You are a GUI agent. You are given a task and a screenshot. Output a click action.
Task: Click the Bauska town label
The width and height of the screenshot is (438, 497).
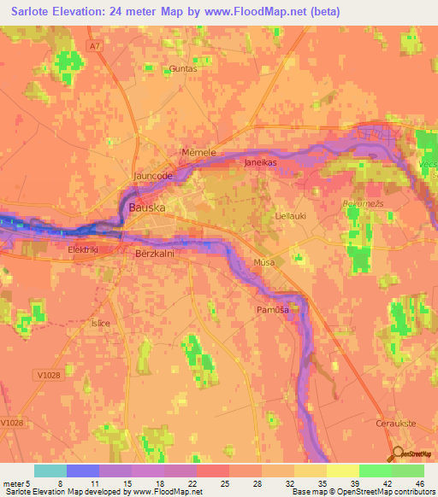pos(146,208)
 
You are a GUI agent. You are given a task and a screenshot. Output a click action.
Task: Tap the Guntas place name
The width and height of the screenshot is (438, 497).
pos(183,68)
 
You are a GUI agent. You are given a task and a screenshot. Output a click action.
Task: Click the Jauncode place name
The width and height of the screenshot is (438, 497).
pos(153,176)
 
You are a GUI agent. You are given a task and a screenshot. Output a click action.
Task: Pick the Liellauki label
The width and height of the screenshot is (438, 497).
pos(290,216)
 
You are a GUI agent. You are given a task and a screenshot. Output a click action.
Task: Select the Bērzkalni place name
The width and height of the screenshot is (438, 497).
pos(156,254)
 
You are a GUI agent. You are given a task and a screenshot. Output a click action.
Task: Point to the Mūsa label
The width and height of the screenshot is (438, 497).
pos(264,263)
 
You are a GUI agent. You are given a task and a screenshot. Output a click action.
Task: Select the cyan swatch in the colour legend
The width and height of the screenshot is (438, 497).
pos(50,471)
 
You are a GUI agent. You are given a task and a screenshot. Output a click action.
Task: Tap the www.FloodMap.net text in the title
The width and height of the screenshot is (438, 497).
pos(257,12)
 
